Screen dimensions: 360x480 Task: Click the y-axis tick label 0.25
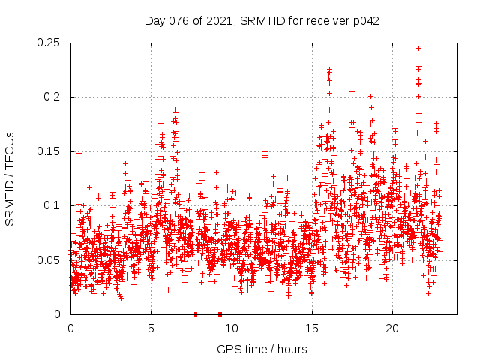(50, 43)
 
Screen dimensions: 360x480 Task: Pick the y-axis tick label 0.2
(53, 97)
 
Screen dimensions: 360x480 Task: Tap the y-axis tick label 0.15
(50, 151)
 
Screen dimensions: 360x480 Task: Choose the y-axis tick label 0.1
(53, 205)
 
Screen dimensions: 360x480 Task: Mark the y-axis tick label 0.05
(50, 259)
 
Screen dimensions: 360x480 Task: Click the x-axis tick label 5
(151, 328)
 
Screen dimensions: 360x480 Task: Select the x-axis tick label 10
(231, 328)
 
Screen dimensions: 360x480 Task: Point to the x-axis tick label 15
(311, 328)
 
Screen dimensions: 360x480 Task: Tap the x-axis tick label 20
(391, 328)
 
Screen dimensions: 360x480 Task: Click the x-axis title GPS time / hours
(262, 349)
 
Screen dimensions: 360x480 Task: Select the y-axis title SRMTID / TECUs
(10, 178)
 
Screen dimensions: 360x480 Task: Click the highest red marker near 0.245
(418, 48)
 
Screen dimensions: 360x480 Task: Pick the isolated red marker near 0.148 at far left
(79, 153)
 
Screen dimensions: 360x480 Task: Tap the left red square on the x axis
(196, 314)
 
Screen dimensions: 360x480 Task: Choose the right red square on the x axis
(220, 314)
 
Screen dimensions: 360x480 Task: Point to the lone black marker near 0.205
(352, 91)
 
